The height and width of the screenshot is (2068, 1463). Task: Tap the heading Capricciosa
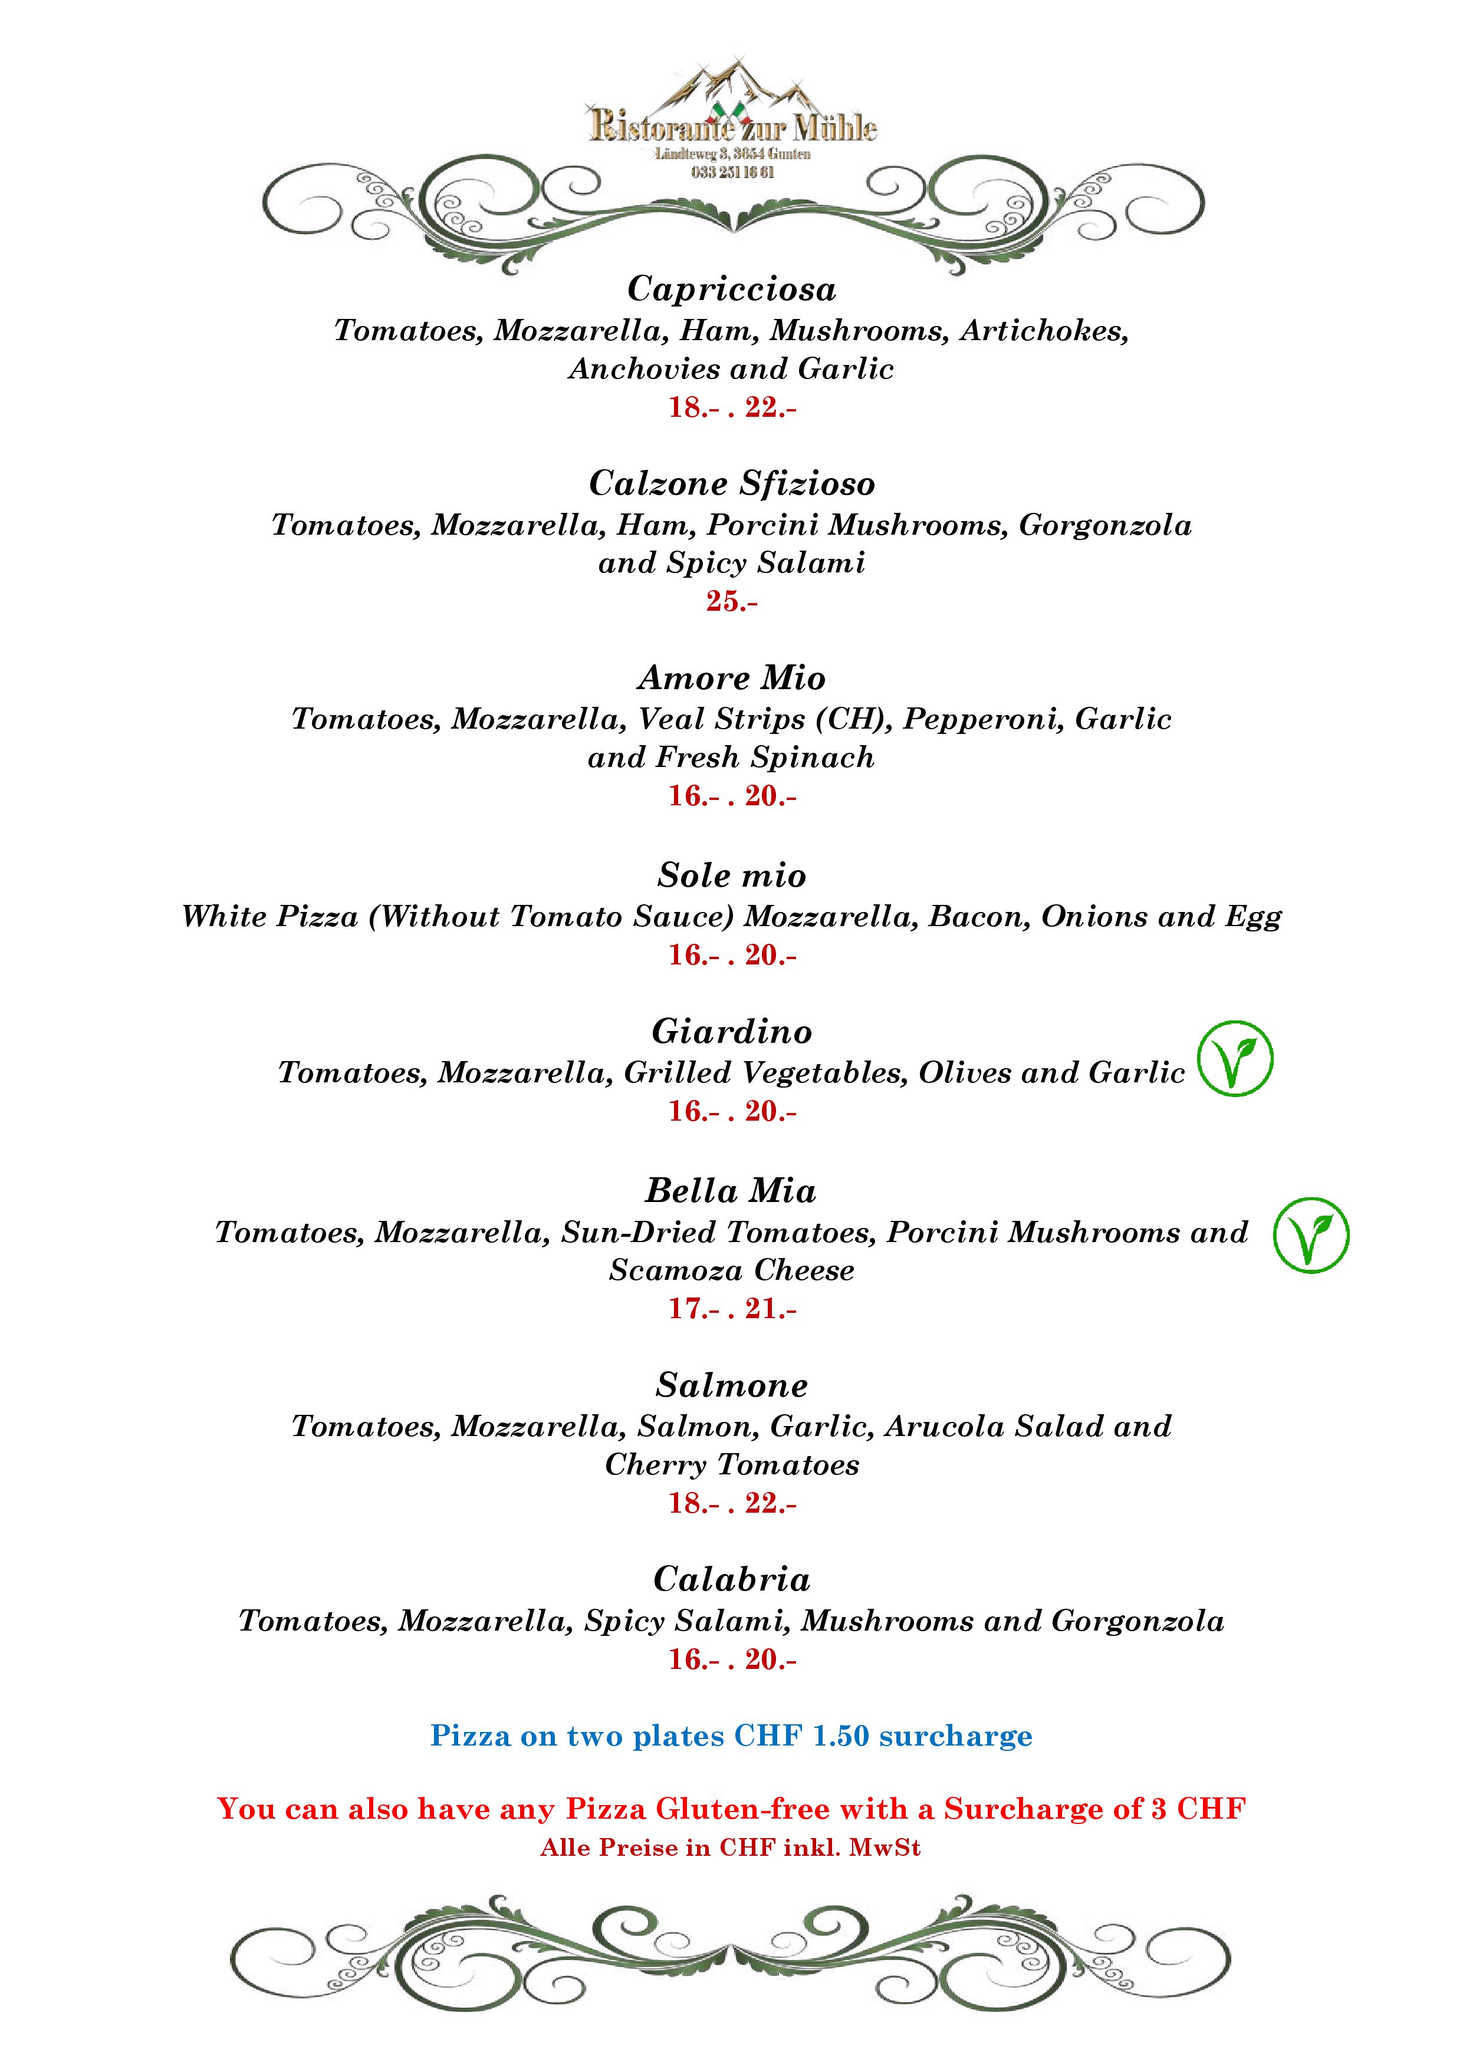[x=731, y=289]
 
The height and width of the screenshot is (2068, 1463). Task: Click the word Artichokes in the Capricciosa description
[x=1043, y=331]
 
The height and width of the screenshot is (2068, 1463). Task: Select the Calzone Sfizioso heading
[x=731, y=483]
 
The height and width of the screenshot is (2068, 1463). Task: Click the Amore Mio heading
[x=731, y=677]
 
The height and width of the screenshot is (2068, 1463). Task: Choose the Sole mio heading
[x=731, y=875]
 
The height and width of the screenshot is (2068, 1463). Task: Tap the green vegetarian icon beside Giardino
[x=1234, y=1058]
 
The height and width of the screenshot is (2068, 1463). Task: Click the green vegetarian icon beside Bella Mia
[x=1311, y=1235]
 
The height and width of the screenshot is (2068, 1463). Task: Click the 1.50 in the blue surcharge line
[x=840, y=1736]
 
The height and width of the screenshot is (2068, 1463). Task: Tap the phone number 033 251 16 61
[x=731, y=172]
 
